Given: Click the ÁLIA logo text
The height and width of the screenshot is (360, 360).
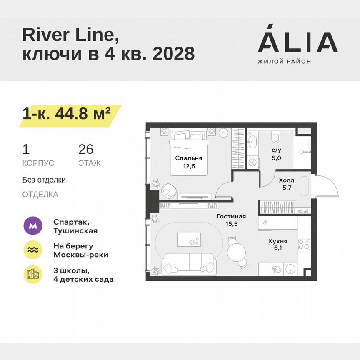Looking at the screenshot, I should click(297, 42).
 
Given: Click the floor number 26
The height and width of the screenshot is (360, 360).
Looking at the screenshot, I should click(86, 149).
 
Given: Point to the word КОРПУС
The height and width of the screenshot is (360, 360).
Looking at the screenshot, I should click(38, 163).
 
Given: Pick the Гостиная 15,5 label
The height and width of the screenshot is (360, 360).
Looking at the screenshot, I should click(231, 220).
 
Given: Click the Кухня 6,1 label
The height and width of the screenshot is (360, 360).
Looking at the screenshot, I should click(277, 245).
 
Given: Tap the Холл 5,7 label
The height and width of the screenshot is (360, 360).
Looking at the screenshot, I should click(286, 184).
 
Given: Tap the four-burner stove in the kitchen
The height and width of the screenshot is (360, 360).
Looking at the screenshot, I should click(304, 244).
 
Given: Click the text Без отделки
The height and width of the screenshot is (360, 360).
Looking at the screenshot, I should click(44, 180).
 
